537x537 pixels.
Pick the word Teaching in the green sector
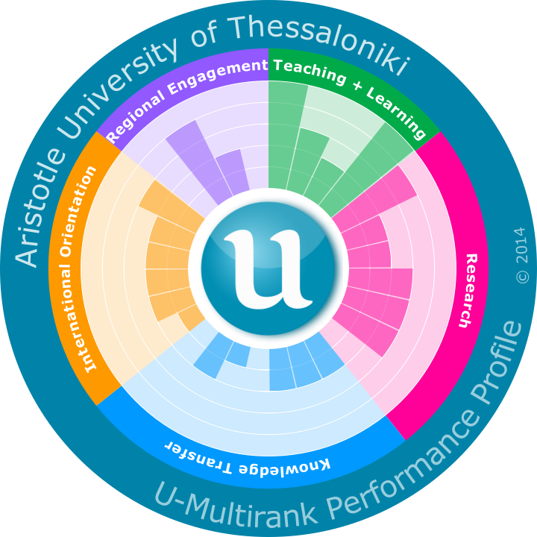click(x=310, y=72)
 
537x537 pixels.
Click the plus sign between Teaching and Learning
click(x=358, y=87)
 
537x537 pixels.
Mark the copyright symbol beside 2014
click(x=521, y=276)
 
